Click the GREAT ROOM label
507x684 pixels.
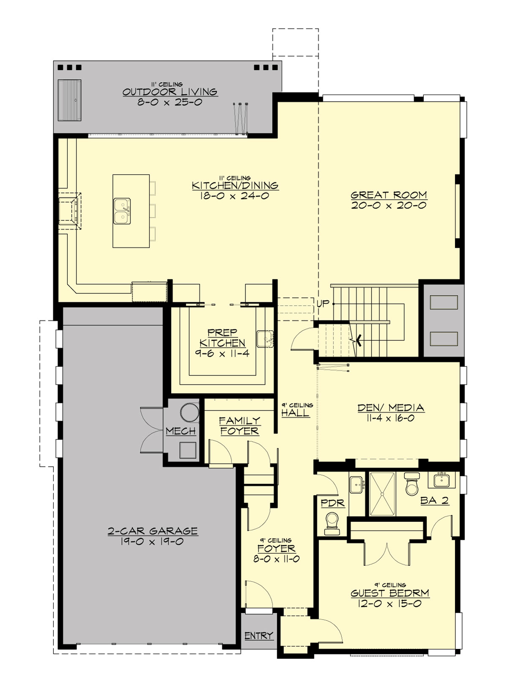pyautogui.click(x=389, y=195)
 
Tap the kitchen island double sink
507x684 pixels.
pyautogui.click(x=122, y=211)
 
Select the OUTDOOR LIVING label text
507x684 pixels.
pyautogui.click(x=170, y=92)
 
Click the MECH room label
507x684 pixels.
pyautogui.click(x=181, y=431)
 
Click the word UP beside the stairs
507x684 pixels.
pyautogui.click(x=323, y=304)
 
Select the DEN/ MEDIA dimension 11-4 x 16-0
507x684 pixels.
pyautogui.click(x=390, y=418)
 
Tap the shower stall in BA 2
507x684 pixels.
pyautogui.click(x=382, y=494)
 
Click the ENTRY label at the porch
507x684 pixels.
pyautogui.click(x=259, y=635)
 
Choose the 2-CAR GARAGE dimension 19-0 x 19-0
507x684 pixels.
pyautogui.click(x=153, y=542)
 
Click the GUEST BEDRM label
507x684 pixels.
pyautogui.click(x=390, y=593)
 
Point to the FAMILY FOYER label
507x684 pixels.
pyautogui.click(x=240, y=426)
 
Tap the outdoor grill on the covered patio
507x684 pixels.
pyautogui.click(x=69, y=100)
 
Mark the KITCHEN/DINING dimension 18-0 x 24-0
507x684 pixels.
pyautogui.click(x=235, y=196)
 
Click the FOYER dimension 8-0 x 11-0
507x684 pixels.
pyautogui.click(x=276, y=559)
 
